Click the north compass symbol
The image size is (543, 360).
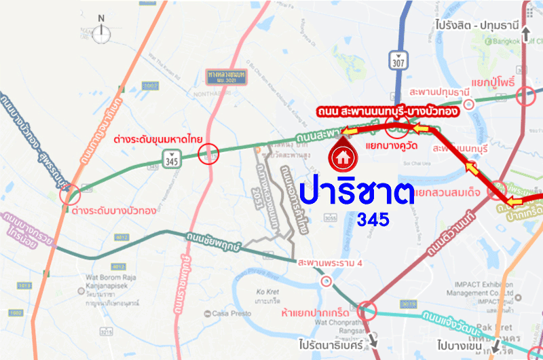click(x=102, y=28)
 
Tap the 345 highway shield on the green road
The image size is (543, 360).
click(x=171, y=160)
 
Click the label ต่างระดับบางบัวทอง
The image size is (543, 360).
click(x=114, y=211)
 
